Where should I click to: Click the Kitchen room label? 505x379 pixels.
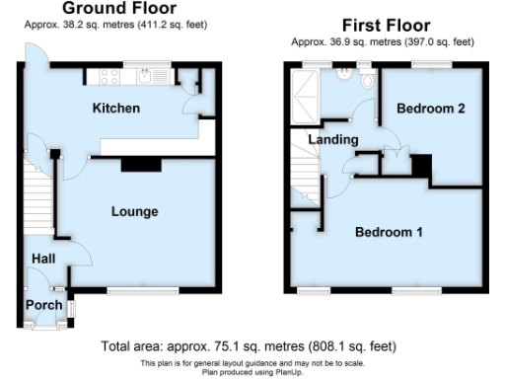[x=115, y=108]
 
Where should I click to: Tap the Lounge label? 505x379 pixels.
[x=134, y=211]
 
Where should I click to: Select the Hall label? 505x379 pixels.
[x=42, y=258]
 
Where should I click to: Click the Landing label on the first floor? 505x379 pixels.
[x=326, y=140]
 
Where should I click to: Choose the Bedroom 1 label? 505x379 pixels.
[x=389, y=233]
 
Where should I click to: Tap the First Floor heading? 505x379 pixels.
[x=382, y=24]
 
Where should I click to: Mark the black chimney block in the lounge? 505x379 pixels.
[x=131, y=166]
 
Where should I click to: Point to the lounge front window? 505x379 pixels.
[x=135, y=288]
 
